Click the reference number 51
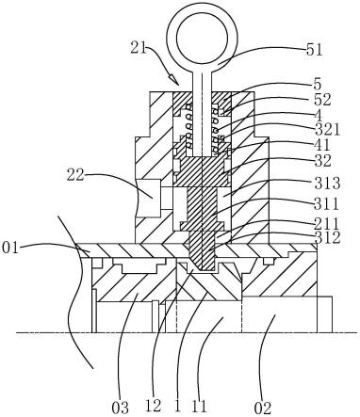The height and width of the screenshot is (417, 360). pos(315,50)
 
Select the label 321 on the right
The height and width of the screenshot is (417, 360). pos(327,130)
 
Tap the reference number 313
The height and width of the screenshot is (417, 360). pos(327,184)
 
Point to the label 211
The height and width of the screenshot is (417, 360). pos(327,225)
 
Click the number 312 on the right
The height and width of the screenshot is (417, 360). pos(327,238)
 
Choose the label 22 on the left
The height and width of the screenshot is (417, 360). pos(75,175)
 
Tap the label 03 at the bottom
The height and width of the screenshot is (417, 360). pos(121,408)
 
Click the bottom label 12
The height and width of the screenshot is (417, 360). pos(154,406)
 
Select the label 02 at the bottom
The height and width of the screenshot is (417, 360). pos(262,409)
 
